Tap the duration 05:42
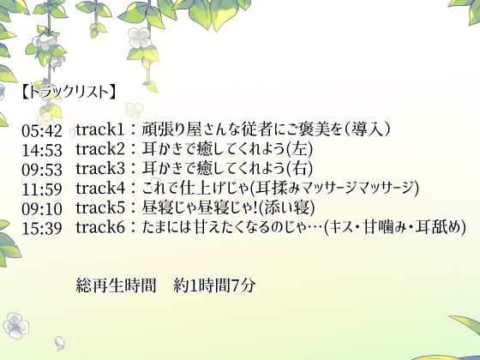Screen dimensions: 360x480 click(x=42, y=130)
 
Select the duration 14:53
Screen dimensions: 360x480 click(x=42, y=150)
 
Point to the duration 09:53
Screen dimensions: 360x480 click(x=42, y=169)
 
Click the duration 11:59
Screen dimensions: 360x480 click(x=42, y=189)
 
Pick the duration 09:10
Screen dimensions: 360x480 click(x=42, y=208)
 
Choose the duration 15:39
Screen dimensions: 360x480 click(x=42, y=227)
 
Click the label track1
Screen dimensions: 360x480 click(x=100, y=130)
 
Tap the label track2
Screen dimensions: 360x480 click(x=100, y=150)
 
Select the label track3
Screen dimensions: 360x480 click(x=100, y=169)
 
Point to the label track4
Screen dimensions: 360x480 click(x=100, y=189)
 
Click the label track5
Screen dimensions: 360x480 click(x=100, y=208)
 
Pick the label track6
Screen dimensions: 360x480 click(x=100, y=227)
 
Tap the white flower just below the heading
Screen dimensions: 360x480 click(x=134, y=110)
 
